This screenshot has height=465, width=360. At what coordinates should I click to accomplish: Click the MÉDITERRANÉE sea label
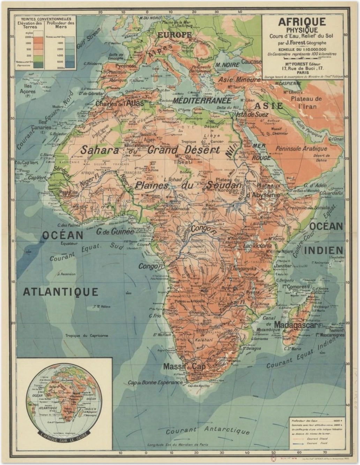(202, 101)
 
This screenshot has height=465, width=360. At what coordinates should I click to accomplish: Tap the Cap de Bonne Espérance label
(155, 382)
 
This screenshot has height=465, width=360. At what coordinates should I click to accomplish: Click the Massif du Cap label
(185, 367)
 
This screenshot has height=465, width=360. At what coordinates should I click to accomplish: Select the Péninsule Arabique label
(301, 149)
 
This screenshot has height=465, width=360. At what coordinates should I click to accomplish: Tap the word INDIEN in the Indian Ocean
(324, 250)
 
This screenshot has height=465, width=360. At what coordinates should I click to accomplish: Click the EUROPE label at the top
(174, 35)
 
